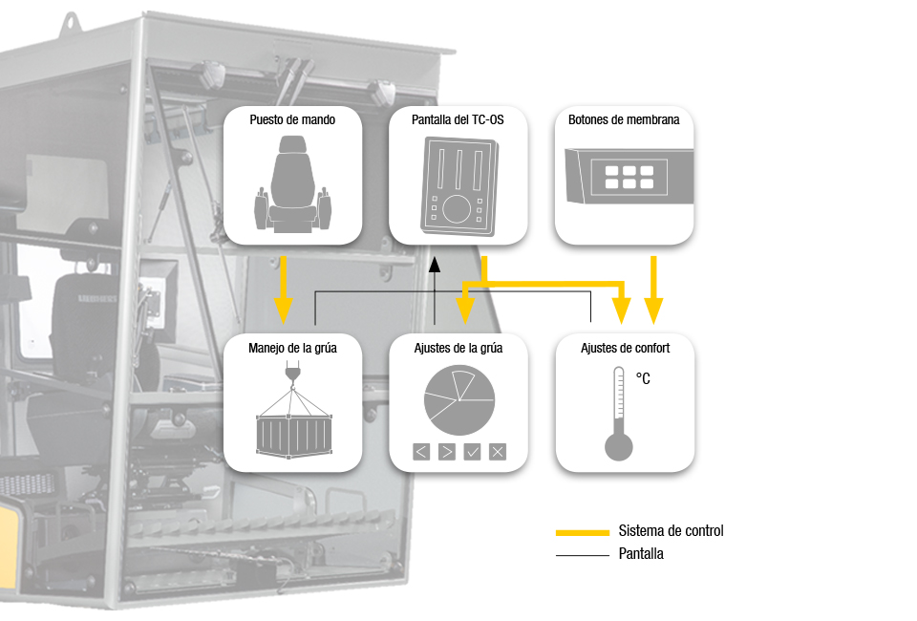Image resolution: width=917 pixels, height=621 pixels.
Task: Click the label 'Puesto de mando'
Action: tap(292, 120)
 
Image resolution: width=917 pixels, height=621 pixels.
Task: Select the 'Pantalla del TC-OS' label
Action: tap(458, 120)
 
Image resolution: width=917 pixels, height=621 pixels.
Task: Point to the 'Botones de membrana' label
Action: tap(624, 120)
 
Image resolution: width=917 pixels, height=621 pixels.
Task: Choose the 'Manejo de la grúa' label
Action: tap(292, 348)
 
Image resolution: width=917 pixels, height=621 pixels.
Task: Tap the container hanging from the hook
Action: tap(292, 434)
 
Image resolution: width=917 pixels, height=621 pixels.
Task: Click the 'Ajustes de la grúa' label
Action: tap(458, 348)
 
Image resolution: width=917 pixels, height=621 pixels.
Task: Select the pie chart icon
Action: tap(458, 400)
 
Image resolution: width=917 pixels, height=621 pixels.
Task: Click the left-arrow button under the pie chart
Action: tap(421, 452)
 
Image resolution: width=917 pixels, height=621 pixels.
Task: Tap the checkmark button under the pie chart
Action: tap(472, 452)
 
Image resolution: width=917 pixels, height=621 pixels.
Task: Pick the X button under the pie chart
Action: tap(497, 452)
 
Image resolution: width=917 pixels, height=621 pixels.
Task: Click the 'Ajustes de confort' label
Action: tap(625, 348)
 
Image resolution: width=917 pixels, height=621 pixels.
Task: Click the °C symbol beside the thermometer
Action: tap(643, 379)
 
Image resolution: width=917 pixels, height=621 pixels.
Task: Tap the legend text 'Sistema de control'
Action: tap(671, 530)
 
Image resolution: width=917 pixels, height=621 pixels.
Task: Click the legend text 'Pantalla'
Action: tap(641, 553)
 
